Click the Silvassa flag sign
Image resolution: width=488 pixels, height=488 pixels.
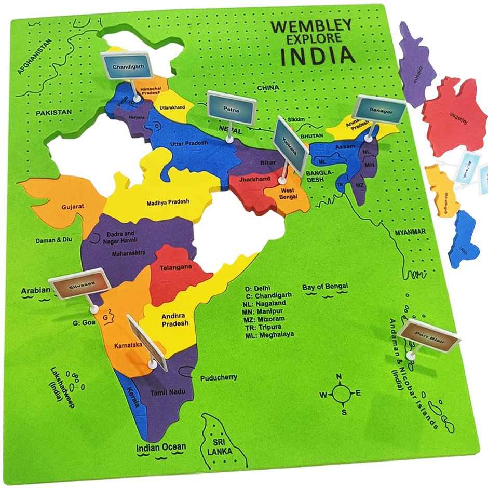(x=83, y=282)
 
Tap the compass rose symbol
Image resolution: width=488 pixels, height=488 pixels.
(x=340, y=394)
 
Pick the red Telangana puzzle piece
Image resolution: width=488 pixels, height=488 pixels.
(x=174, y=270)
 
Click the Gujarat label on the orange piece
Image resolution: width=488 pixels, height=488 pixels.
(x=72, y=206)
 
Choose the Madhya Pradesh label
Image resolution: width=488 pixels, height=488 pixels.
(x=168, y=202)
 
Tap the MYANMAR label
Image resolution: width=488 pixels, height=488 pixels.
(x=410, y=232)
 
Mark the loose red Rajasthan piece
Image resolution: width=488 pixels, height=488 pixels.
(x=454, y=112)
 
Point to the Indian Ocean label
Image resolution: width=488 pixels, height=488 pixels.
(x=160, y=447)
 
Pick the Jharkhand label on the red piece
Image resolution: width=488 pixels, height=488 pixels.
(x=254, y=179)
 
